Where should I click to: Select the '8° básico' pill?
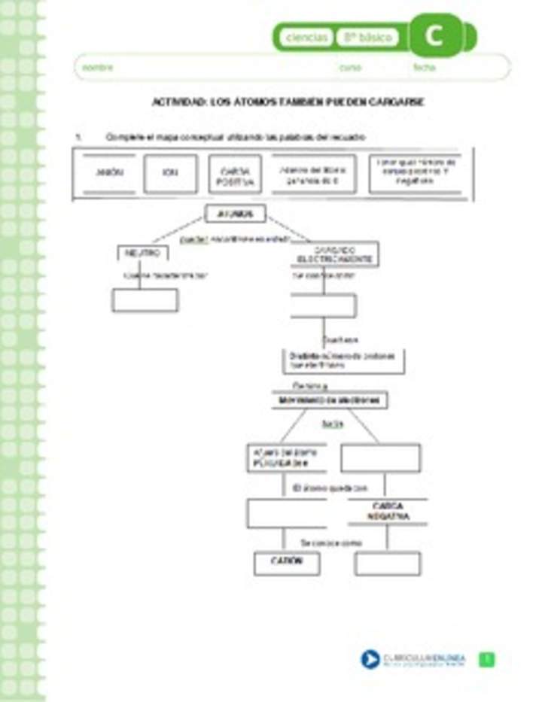coord(368,38)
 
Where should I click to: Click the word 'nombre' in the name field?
coord(98,68)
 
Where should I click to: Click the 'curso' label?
coord(350,68)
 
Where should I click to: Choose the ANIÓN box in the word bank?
coord(110,173)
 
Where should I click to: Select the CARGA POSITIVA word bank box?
coord(236,175)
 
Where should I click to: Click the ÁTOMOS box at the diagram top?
coord(236,214)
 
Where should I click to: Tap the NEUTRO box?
coord(142,254)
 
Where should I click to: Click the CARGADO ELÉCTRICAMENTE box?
coord(335,254)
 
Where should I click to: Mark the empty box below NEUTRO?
coord(145,300)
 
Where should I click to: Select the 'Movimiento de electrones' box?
coord(330,400)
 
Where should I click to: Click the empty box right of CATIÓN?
coord(388,564)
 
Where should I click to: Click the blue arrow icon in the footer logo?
coord(370,660)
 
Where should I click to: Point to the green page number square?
coord(488,660)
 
